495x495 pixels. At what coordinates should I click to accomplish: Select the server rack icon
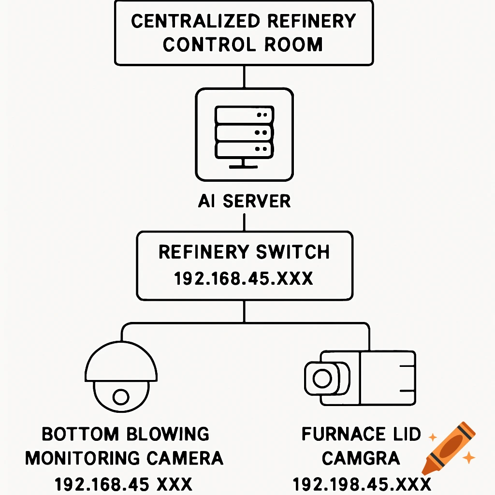(x=244, y=134)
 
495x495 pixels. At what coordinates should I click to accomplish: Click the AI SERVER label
(x=244, y=201)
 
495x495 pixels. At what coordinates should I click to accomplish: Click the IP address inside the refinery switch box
(x=244, y=279)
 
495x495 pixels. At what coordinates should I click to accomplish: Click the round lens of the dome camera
(x=120, y=396)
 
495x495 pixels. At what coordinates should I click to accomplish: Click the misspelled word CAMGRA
(x=361, y=458)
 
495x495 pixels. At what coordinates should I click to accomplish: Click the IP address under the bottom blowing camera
(x=123, y=484)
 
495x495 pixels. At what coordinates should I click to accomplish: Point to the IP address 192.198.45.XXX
(x=362, y=484)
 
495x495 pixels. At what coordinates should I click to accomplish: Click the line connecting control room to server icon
(x=244, y=76)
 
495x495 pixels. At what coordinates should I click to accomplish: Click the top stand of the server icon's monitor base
(x=244, y=161)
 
